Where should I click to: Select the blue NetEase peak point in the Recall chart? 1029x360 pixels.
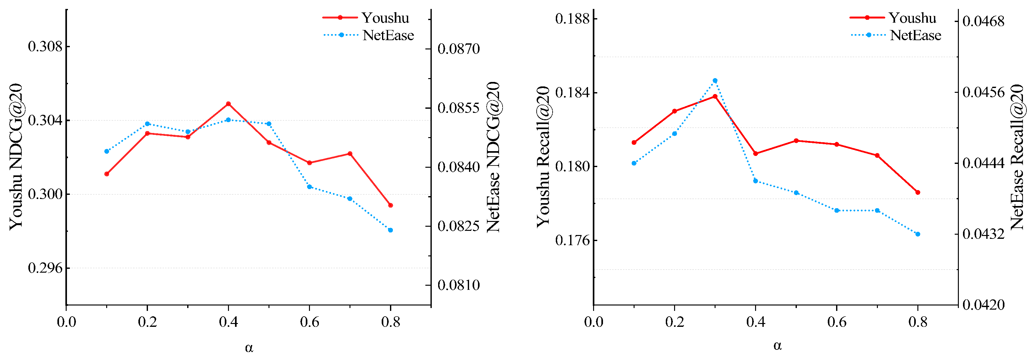pyautogui.click(x=715, y=81)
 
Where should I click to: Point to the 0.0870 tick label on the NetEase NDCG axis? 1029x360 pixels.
pyautogui.click(x=459, y=49)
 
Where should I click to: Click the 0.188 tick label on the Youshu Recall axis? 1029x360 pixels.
pyautogui.click(x=573, y=19)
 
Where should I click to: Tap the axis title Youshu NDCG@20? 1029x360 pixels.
pyautogui.click(x=16, y=157)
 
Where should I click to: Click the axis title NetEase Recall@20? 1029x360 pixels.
pyautogui.click(x=1017, y=157)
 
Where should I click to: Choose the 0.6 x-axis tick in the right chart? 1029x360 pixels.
pyautogui.click(x=837, y=322)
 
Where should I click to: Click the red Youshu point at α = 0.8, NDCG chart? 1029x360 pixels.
pyautogui.click(x=391, y=205)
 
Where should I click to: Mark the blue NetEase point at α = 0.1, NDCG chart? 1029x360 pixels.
pyautogui.click(x=107, y=151)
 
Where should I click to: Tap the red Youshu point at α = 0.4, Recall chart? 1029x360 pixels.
pyautogui.click(x=755, y=154)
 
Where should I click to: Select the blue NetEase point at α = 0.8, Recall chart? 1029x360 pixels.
pyautogui.click(x=917, y=234)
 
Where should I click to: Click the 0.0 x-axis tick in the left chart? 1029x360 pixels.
pyautogui.click(x=66, y=322)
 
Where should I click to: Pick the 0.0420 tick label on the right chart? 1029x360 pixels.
pyautogui.click(x=983, y=305)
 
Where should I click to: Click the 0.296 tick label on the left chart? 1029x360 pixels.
pyautogui.click(x=46, y=268)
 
